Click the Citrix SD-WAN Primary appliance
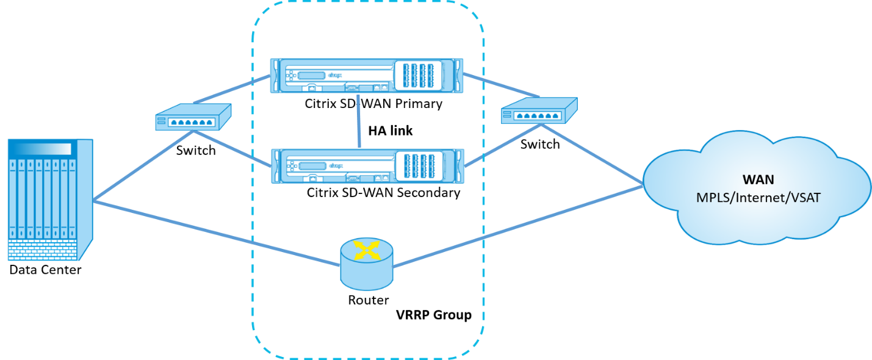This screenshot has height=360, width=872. [367, 76]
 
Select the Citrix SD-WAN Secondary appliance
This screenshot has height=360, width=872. [367, 166]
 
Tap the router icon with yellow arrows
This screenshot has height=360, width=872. [367, 264]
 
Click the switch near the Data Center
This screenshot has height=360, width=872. [193, 117]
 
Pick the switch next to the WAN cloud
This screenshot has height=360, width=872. [539, 110]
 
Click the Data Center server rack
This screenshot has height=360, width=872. [50, 200]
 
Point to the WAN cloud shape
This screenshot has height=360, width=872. [757, 187]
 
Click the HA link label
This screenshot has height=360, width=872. [391, 131]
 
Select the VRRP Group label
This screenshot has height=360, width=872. [434, 314]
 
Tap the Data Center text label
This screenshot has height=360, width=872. [45, 270]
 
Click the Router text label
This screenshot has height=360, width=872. [368, 300]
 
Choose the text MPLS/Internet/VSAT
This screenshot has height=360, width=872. [758, 198]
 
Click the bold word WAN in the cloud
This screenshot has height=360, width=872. [758, 179]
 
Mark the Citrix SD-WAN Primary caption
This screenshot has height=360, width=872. [373, 104]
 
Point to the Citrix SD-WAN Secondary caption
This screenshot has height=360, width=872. [383, 193]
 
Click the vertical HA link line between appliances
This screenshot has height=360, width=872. [359, 121]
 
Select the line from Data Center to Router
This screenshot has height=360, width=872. [217, 233]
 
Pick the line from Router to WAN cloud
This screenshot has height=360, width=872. [517, 227]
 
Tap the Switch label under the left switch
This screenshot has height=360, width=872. [196, 150]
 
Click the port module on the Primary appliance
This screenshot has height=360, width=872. [418, 76]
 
